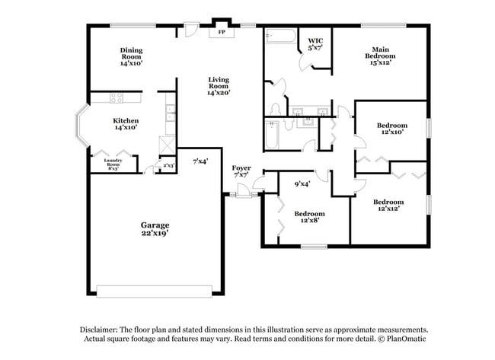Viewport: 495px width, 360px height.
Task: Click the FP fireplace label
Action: point(222,33)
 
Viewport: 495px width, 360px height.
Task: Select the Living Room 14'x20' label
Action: point(219,86)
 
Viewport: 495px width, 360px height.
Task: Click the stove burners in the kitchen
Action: point(117,97)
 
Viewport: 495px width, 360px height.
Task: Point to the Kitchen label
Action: point(126,124)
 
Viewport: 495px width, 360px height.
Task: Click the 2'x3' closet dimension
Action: point(168,165)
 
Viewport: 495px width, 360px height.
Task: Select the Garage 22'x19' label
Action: point(155,230)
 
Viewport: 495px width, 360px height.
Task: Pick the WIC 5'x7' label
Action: point(315,44)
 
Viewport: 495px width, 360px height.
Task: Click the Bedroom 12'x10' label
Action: point(391,129)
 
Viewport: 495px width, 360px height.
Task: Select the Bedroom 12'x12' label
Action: point(388,205)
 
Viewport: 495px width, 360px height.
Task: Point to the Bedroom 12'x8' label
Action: point(310,217)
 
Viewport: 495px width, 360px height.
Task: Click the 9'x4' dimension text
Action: point(302,183)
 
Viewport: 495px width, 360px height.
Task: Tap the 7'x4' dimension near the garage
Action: point(200,161)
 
